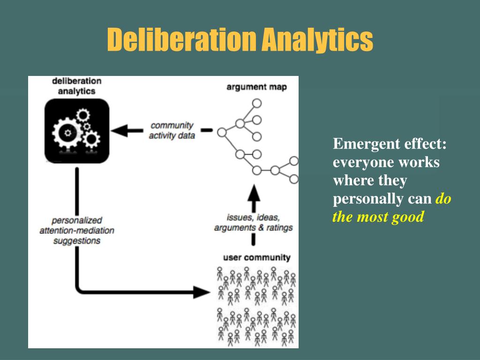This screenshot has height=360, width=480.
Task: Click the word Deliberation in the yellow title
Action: coord(181,39)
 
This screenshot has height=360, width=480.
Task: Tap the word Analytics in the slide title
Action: coord(317,39)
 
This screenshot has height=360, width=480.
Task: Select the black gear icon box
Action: coord(77,132)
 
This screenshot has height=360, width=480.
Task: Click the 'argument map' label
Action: coord(256,87)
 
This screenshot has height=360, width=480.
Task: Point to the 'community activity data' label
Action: coord(172,130)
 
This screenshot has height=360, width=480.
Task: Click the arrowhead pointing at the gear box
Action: coord(120,130)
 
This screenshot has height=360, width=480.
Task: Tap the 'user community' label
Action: coord(256,257)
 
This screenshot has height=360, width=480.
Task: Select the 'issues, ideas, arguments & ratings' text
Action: coord(253,223)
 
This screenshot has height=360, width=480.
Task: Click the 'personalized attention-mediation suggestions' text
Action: coord(77,230)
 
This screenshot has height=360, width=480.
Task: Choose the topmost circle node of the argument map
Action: coord(257,103)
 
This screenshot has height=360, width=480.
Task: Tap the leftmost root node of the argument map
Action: coord(222,132)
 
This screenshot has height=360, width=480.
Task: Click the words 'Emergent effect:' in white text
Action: coord(390,144)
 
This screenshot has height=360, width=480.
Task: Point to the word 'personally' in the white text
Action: coord(366,199)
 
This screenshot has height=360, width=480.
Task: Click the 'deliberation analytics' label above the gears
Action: coord(76,86)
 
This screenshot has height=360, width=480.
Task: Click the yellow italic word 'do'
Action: coord(443,199)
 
